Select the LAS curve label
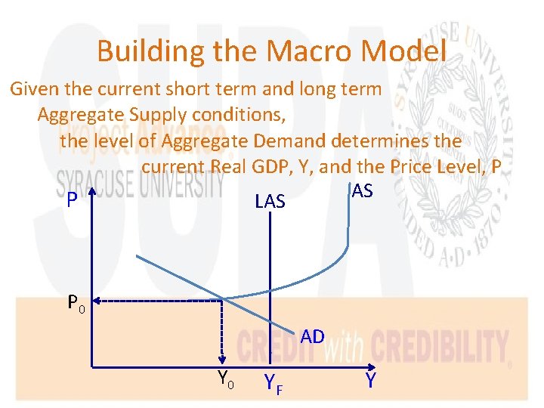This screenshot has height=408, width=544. click(x=270, y=201)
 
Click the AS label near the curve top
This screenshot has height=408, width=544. click(x=362, y=190)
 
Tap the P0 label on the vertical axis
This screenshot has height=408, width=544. click(x=76, y=304)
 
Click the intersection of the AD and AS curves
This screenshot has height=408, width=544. click(x=221, y=297)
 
